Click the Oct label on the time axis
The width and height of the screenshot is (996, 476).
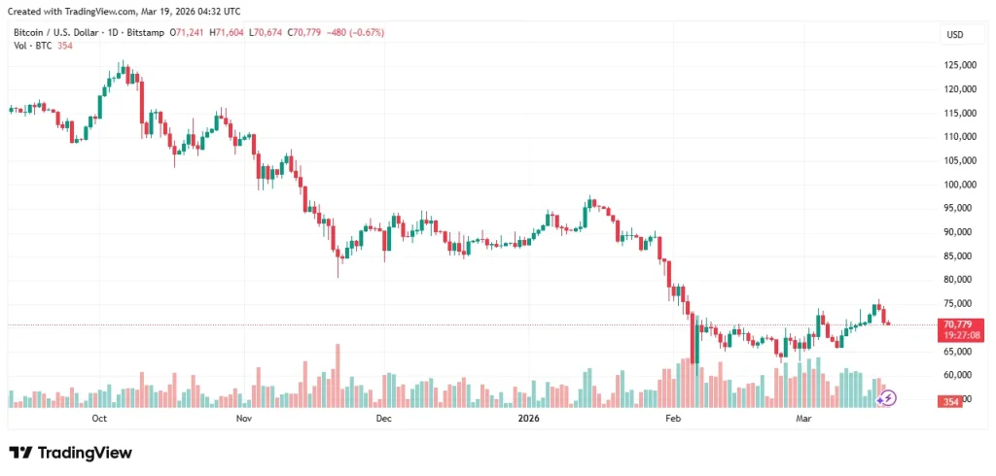click(98, 419)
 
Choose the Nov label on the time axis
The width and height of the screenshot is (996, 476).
click(244, 419)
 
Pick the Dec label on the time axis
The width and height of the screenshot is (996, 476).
click(383, 419)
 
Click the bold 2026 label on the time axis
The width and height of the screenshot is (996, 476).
click(528, 419)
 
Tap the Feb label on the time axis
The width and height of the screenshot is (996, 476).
click(672, 419)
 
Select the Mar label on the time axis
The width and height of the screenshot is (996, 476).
click(803, 419)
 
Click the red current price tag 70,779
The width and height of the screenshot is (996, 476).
click(958, 324)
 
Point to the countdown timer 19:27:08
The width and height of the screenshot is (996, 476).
click(958, 335)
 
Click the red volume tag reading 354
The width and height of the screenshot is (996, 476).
click(950, 401)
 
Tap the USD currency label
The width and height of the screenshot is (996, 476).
click(954, 35)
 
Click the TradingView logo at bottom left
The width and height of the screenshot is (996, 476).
click(70, 453)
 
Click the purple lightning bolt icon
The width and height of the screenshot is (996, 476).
click(888, 397)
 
